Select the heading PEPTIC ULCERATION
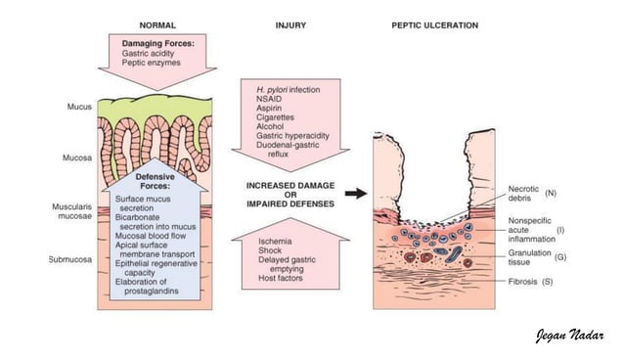[x=433, y=24]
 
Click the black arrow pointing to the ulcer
[x=356, y=194]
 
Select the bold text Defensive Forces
[x=147, y=180]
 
